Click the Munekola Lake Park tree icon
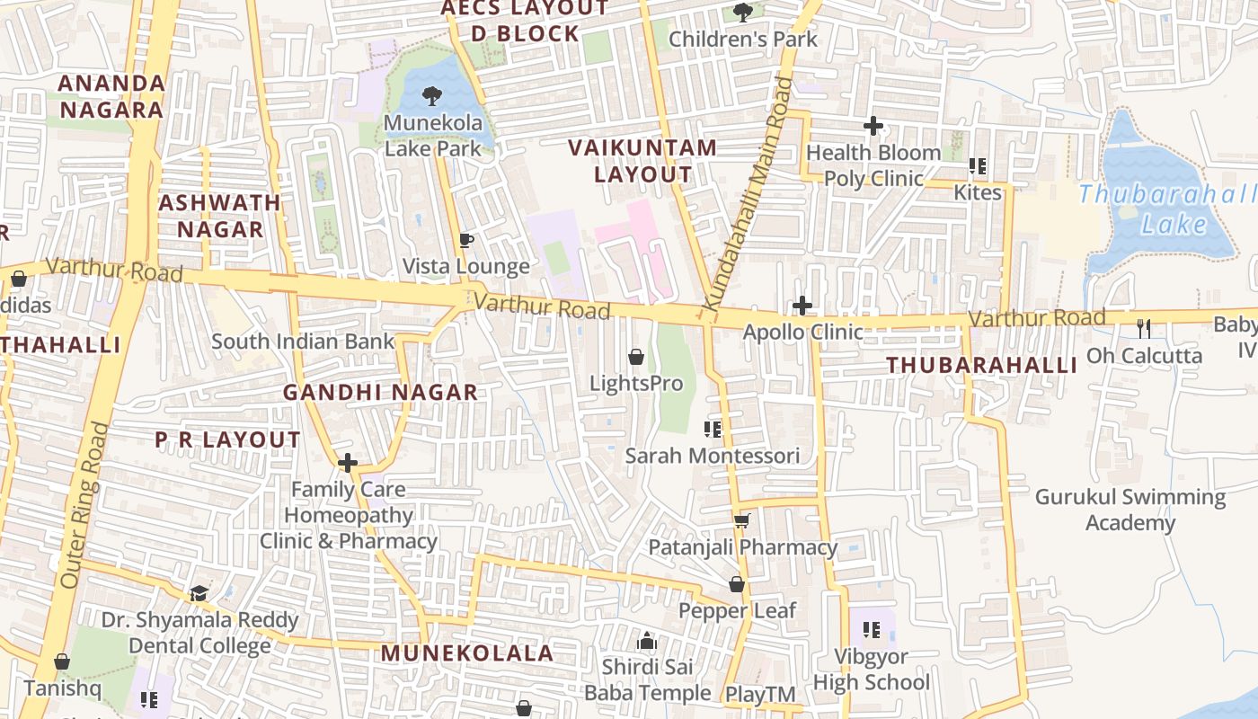point(432,95)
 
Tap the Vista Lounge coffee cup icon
point(465,240)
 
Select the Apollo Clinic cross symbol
point(802,306)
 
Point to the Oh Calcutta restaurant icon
point(1143,328)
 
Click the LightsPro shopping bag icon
point(636,357)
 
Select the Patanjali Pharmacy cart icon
point(742,520)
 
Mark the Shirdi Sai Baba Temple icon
point(646,641)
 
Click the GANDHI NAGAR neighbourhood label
point(380,392)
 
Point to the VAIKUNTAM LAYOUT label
point(643,161)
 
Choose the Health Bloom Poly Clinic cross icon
point(873,126)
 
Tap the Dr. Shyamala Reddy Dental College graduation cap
point(199,593)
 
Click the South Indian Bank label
point(303,342)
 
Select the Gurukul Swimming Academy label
point(1130,510)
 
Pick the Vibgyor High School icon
point(871,629)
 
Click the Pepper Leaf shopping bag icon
point(737,584)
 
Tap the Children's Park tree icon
point(743,12)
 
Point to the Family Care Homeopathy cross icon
point(348,463)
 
